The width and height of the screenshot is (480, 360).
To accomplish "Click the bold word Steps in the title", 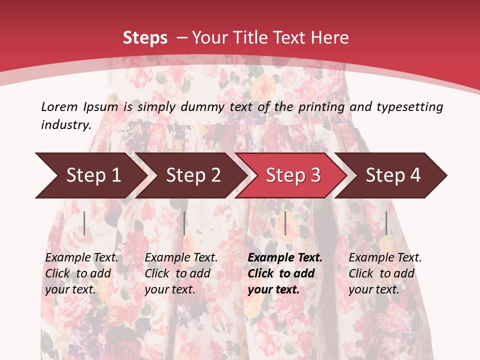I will (145, 37).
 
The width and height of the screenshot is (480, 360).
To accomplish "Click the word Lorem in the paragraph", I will (59, 106).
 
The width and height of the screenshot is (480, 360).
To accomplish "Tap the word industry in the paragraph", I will (65, 125).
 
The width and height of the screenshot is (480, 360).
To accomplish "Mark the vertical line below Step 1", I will (84, 223).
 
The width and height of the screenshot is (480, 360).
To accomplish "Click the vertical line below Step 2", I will (184, 223).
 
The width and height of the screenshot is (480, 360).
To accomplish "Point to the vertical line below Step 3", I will (285, 223).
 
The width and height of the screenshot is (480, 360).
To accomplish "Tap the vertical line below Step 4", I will (386, 223).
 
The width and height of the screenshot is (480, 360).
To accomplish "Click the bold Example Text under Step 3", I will (285, 258).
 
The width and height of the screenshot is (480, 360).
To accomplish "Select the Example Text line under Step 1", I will (81, 258).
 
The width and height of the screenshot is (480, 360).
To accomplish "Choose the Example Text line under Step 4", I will (385, 258).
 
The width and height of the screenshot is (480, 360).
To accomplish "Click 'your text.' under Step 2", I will (169, 289).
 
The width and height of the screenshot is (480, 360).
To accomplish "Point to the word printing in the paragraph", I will (322, 107).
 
